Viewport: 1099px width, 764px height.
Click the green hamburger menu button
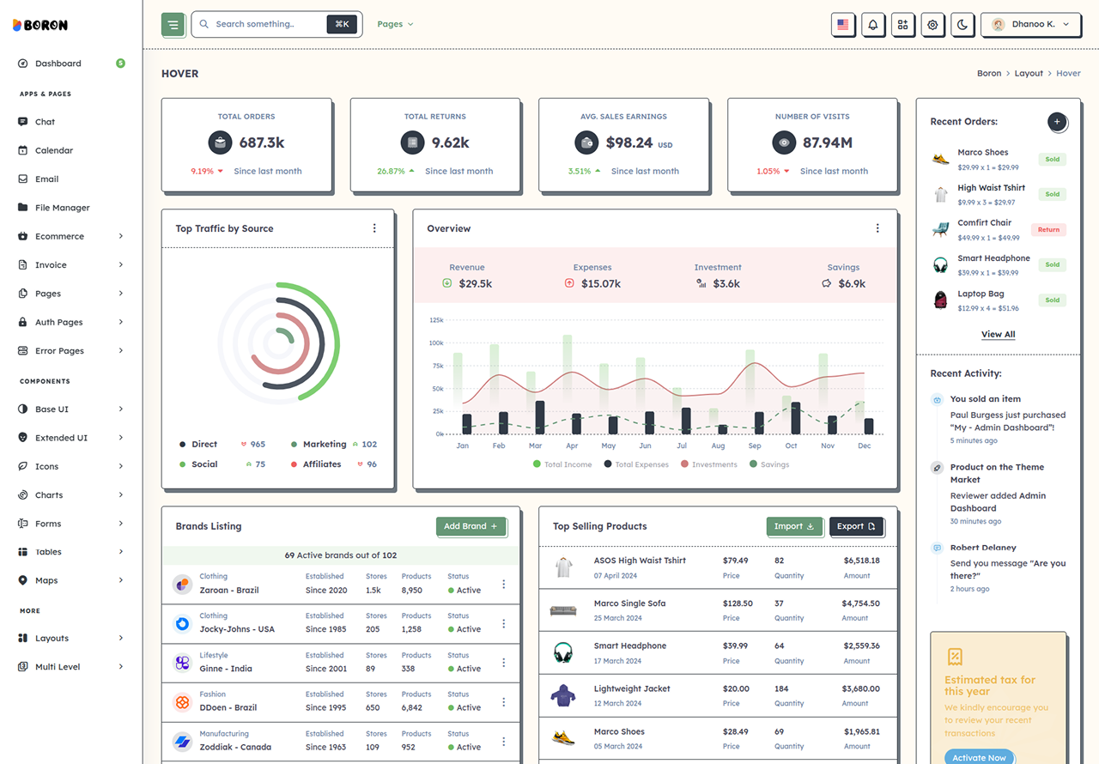(173, 25)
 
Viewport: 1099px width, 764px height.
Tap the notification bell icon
(873, 25)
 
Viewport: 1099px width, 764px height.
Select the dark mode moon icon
(962, 25)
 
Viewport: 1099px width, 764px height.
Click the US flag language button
(843, 25)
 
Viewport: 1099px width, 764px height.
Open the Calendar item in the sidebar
(54, 150)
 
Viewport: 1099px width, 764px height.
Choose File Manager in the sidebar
(63, 208)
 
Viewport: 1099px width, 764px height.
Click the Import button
(794, 526)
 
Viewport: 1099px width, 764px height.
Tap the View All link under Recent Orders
(998, 334)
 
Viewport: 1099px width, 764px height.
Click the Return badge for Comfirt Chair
(1048, 229)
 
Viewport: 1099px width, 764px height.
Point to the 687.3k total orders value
(262, 142)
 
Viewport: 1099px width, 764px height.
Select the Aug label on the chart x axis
(718, 446)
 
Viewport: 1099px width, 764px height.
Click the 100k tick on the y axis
(436, 343)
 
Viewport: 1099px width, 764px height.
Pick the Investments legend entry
(709, 464)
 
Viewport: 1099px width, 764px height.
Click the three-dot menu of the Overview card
(877, 228)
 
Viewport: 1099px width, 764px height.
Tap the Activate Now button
(980, 757)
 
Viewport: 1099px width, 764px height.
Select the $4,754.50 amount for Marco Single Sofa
(860, 603)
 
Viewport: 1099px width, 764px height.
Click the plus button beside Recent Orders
(1057, 122)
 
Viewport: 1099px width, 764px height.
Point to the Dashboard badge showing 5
(120, 64)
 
